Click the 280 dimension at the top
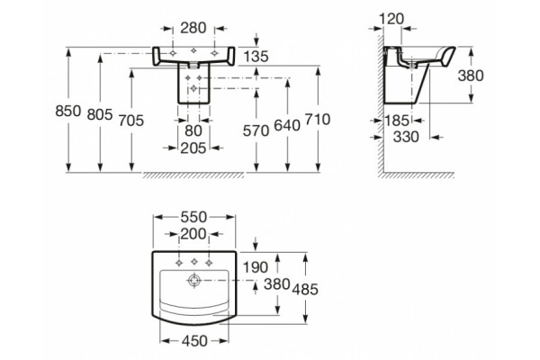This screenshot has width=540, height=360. pyautogui.click(x=193, y=28)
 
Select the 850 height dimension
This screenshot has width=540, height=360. pyautogui.click(x=67, y=111)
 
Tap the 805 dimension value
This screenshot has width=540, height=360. pyautogui.click(x=100, y=114)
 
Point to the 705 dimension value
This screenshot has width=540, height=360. pyautogui.click(x=130, y=121)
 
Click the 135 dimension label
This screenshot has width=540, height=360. pyautogui.click(x=256, y=57)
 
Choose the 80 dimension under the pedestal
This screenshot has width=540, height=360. pyautogui.click(x=193, y=130)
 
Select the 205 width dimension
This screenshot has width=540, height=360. pyautogui.click(x=193, y=148)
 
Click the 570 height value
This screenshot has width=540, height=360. pyautogui.click(x=256, y=130)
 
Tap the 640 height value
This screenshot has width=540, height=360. pyautogui.click(x=287, y=125)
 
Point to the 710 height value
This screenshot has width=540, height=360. pyautogui.click(x=318, y=120)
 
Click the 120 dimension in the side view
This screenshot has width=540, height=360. pyautogui.click(x=391, y=19)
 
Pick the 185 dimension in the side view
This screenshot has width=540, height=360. pyautogui.click(x=397, y=121)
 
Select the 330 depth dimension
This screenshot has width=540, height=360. pyautogui.click(x=406, y=137)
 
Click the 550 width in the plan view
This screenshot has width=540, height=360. pyautogui.click(x=193, y=217)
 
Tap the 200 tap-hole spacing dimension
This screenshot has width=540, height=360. pyautogui.click(x=193, y=234)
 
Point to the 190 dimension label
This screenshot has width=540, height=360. pyautogui.click(x=256, y=267)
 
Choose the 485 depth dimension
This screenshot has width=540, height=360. pyautogui.click(x=305, y=290)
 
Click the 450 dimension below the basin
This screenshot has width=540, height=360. pyautogui.click(x=194, y=341)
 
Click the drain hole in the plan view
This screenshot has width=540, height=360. pyautogui.click(x=194, y=281)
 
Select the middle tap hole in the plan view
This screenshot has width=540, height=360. pyautogui.click(x=193, y=263)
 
